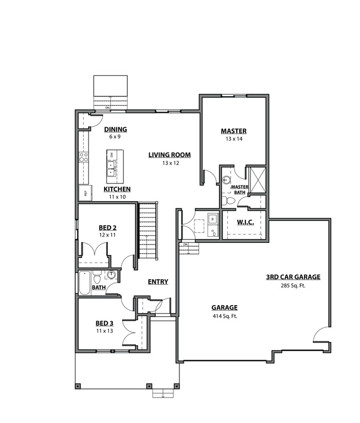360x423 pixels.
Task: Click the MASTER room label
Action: (233, 131)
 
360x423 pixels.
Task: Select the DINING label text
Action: (115, 129)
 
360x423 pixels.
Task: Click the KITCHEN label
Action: (117, 189)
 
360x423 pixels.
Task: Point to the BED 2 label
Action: (107, 227)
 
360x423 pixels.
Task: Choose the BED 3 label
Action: (104, 323)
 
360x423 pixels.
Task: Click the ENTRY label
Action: (158, 282)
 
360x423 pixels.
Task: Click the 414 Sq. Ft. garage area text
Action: (224, 317)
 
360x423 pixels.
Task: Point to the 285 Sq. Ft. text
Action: (293, 286)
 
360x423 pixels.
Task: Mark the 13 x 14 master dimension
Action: (233, 139)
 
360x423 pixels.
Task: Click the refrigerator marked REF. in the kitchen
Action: (85, 193)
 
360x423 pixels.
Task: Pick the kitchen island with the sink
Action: (114, 166)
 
